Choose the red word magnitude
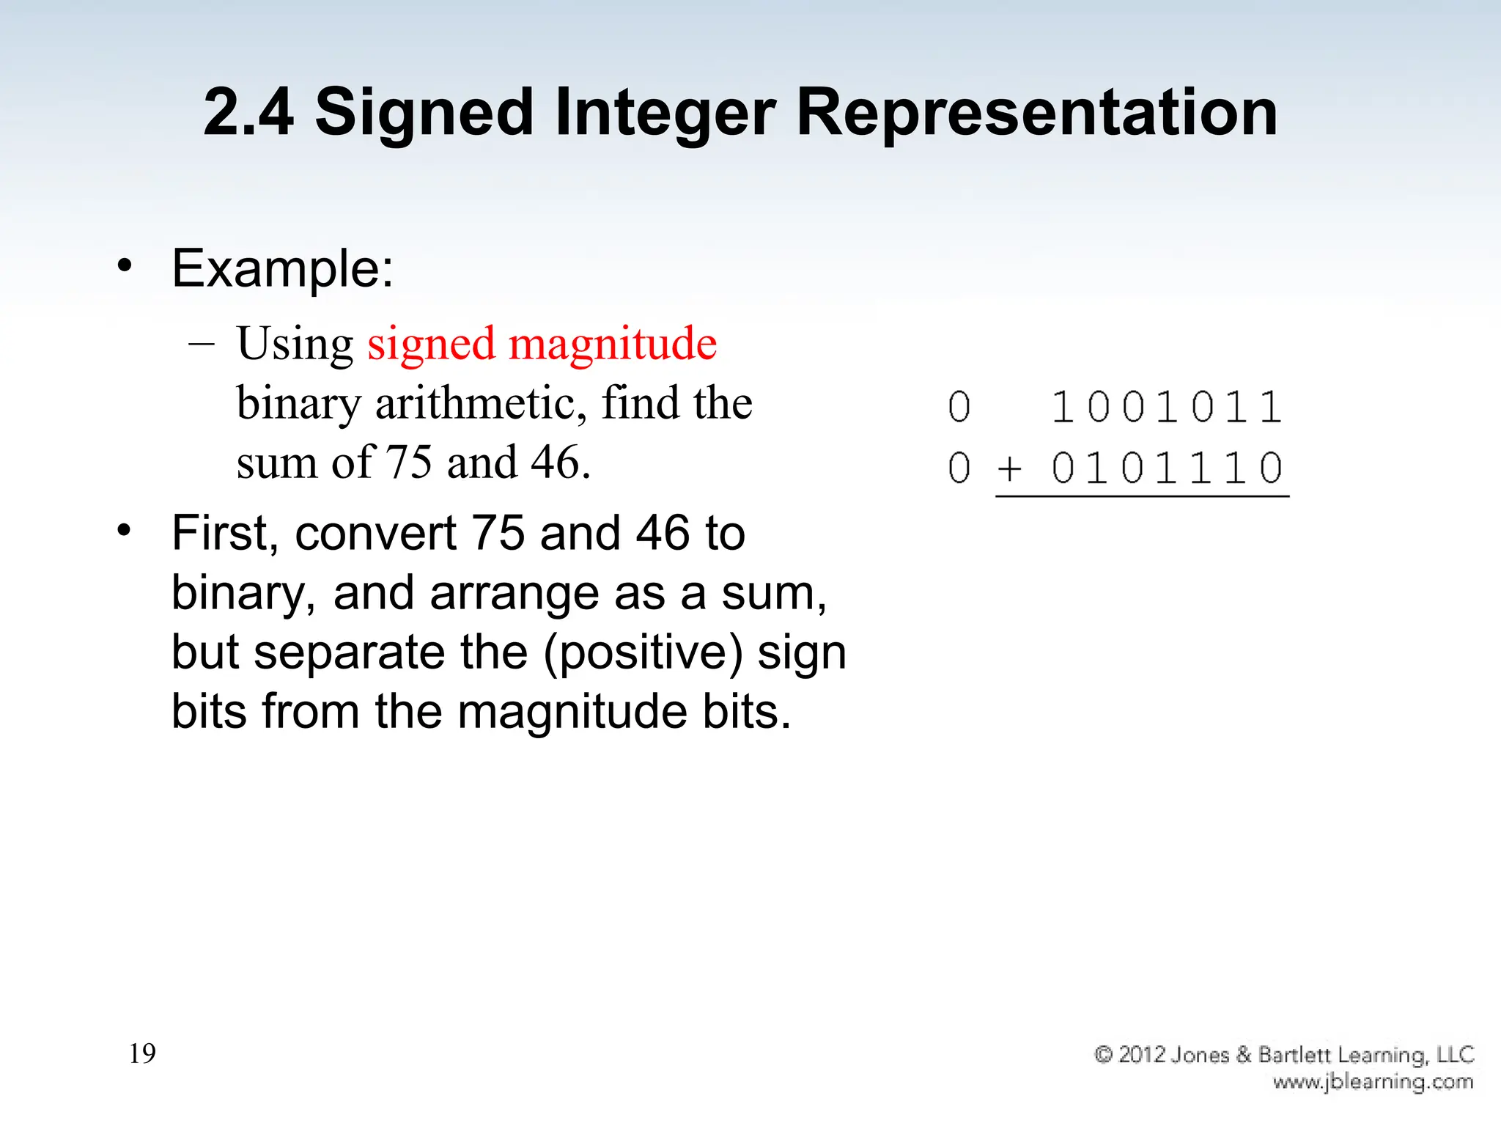coord(613,344)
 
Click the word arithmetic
coord(481,403)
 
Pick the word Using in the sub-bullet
coord(295,344)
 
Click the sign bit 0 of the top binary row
coord(959,408)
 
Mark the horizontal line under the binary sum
coord(1142,497)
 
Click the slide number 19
coord(142,1053)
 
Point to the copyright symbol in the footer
coord(1104,1055)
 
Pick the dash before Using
coord(202,343)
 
